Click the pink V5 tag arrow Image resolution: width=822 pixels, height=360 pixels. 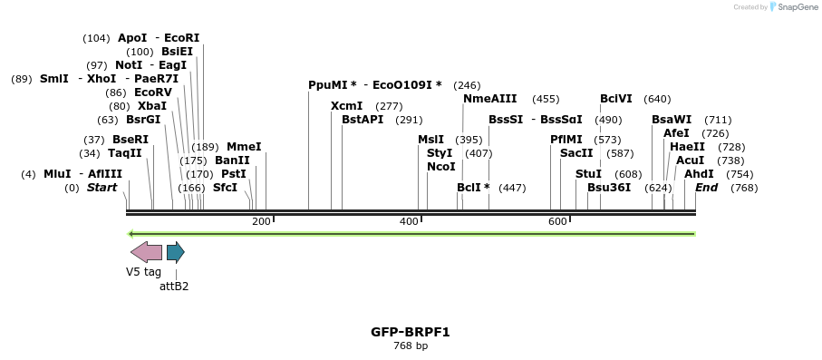click(x=146, y=252)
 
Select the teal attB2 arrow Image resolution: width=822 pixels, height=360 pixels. click(x=175, y=252)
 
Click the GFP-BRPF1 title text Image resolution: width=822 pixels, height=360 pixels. click(x=410, y=332)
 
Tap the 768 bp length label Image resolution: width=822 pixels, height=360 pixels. click(x=410, y=345)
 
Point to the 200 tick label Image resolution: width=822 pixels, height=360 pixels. click(x=261, y=221)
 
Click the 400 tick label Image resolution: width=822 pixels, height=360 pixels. click(x=409, y=221)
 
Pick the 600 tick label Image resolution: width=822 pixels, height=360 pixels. click(x=557, y=221)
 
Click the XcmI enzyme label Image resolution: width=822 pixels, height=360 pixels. click(x=346, y=106)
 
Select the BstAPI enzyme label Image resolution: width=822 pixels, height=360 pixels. click(x=363, y=120)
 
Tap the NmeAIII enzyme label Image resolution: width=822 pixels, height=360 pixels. click(x=489, y=99)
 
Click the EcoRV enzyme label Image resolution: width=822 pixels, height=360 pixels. click(x=152, y=92)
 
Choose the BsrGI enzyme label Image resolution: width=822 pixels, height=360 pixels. click(x=143, y=120)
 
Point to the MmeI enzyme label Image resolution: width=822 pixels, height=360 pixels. click(x=244, y=147)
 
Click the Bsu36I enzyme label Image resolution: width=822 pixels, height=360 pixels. click(x=609, y=188)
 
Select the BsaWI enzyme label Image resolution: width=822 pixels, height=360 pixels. click(x=672, y=120)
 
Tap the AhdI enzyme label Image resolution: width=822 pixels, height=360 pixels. click(x=699, y=174)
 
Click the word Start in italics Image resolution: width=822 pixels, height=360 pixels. click(x=102, y=188)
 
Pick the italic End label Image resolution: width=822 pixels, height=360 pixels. click(x=707, y=188)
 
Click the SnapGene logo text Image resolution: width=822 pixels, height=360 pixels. click(x=795, y=7)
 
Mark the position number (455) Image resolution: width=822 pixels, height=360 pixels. click(x=546, y=99)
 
